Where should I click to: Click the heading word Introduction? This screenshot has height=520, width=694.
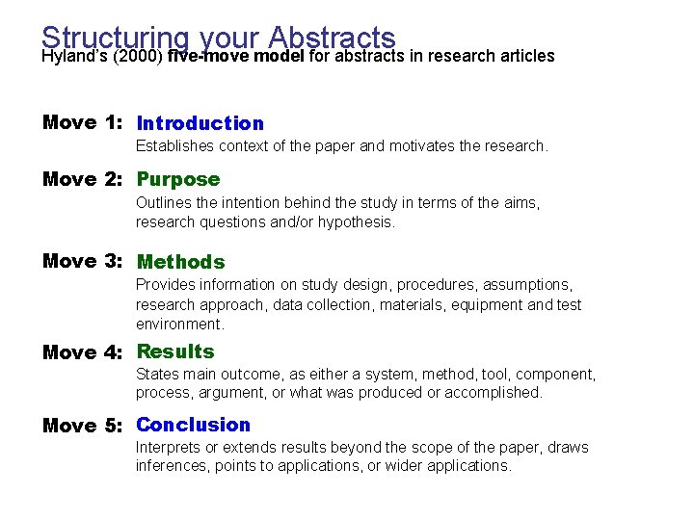click(x=200, y=123)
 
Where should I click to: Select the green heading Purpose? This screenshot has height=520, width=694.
click(x=178, y=179)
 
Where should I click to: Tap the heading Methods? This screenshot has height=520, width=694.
click(x=181, y=262)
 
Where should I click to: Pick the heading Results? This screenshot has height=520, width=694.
click(x=175, y=351)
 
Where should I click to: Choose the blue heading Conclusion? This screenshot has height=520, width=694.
click(x=193, y=425)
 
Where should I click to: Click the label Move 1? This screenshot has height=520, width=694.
click(x=83, y=123)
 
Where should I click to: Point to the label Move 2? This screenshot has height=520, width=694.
click(x=83, y=179)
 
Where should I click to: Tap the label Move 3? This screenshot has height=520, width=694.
click(x=83, y=262)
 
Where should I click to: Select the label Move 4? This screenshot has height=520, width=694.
click(x=83, y=352)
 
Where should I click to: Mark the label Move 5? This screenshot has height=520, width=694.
click(x=83, y=426)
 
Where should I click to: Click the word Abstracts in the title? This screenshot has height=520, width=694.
click(x=333, y=38)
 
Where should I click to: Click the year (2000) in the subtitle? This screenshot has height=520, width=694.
click(x=140, y=56)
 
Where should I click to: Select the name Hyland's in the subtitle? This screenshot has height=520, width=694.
click(x=74, y=56)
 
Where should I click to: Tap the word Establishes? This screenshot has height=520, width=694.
click(x=174, y=146)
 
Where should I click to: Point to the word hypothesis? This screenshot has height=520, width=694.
click(x=359, y=221)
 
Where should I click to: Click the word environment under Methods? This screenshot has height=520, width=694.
click(x=179, y=324)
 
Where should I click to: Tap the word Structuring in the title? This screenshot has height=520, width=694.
click(x=116, y=38)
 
